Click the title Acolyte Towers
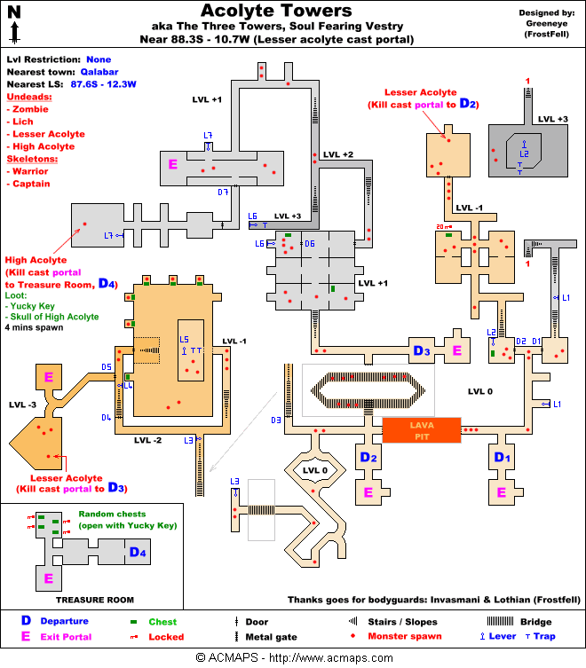coord(276,11)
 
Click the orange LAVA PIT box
coord(422,431)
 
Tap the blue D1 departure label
coord(502,458)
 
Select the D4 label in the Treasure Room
coord(138,554)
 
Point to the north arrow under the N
coord(15,33)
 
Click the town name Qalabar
coord(96,71)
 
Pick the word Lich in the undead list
coord(23,121)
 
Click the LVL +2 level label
coord(338,155)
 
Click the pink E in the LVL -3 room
coord(49,377)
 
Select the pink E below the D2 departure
coord(368,491)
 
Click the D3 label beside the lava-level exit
coord(421,351)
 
